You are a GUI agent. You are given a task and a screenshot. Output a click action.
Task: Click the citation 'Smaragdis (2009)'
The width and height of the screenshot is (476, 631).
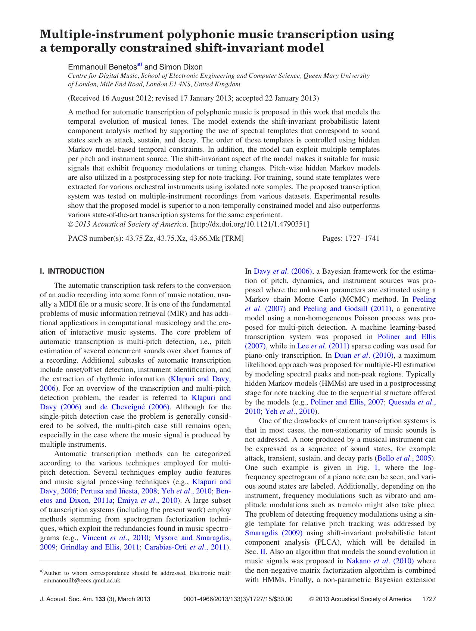pyautogui.click(x=273, y=533)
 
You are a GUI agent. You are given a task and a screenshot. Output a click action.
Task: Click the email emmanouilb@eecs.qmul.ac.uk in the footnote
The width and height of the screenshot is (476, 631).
pyautogui.click(x=82, y=581)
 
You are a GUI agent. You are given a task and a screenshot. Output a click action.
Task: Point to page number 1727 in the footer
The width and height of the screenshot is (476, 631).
pyautogui.click(x=429, y=599)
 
